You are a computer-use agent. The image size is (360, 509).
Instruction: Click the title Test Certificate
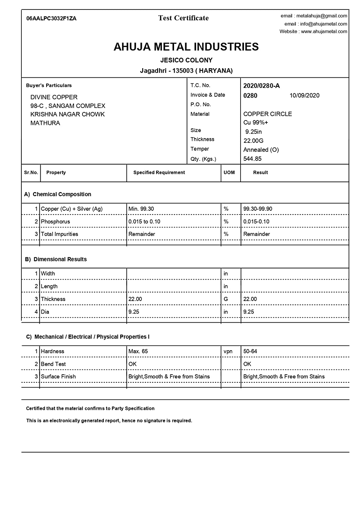pyautogui.click(x=183, y=18)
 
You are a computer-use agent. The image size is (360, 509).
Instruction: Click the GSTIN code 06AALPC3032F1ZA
pyautogui.click(x=52, y=18)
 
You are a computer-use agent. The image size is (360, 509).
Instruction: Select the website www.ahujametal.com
pyautogui.click(x=324, y=31)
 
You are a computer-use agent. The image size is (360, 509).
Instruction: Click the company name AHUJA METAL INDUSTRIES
pyautogui.click(x=186, y=47)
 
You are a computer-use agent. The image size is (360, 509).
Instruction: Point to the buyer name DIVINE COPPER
pyautogui.click(x=54, y=97)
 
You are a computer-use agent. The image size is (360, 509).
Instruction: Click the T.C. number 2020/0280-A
pyautogui.click(x=262, y=86)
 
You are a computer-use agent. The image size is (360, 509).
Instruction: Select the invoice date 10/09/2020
pyautogui.click(x=304, y=95)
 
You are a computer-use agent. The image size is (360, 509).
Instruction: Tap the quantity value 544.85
pyautogui.click(x=252, y=158)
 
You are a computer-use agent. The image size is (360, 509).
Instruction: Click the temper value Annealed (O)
pyautogui.click(x=261, y=150)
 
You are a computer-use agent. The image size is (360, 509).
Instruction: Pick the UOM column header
pyautogui.click(x=229, y=172)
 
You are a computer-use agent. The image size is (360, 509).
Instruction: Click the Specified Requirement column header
pyautogui.click(x=159, y=172)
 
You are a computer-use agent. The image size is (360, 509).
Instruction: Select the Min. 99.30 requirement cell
pyautogui.click(x=141, y=209)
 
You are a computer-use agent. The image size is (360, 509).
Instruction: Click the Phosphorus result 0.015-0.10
pyautogui.click(x=256, y=222)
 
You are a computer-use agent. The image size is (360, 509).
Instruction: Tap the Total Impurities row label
pyautogui.click(x=59, y=234)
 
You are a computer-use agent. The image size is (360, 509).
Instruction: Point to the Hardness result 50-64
pyautogui.click(x=250, y=351)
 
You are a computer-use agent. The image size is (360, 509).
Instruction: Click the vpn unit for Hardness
pyautogui.click(x=228, y=351)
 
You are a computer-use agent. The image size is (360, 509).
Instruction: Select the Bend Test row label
pyautogui.click(x=53, y=364)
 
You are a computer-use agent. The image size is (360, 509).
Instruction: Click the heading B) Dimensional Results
pyautogui.click(x=56, y=259)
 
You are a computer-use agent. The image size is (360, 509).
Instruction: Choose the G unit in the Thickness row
pyautogui.click(x=226, y=299)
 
